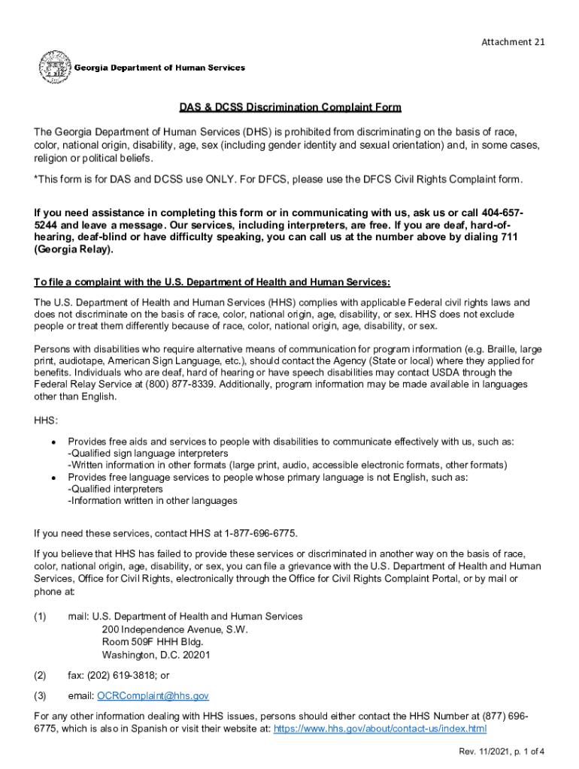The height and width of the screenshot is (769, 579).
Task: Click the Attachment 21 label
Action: click(x=513, y=42)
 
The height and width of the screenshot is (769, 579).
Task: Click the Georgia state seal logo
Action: click(x=53, y=67)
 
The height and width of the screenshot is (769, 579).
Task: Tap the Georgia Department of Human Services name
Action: click(x=159, y=68)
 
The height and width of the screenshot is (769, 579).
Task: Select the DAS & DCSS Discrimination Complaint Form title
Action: click(x=289, y=108)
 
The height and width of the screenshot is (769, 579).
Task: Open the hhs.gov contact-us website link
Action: click(x=380, y=728)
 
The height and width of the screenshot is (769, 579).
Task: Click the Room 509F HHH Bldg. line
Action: click(x=152, y=642)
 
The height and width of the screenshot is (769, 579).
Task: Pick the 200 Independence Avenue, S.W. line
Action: click(x=174, y=629)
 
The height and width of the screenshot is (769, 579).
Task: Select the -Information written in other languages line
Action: click(x=153, y=500)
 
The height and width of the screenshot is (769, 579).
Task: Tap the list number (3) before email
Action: click(x=41, y=696)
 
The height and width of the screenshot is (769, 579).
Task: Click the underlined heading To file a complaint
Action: click(x=212, y=282)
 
